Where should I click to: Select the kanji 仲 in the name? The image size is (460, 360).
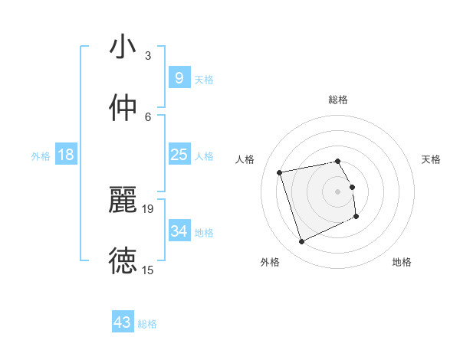tap(123, 108)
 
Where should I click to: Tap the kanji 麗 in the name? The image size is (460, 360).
tap(123, 200)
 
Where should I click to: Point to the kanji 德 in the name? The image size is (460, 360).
tap(123, 260)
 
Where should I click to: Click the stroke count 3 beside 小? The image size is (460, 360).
tap(147, 56)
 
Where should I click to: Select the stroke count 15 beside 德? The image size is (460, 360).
tap(148, 270)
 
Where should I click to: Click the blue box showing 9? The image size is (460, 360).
tap(179, 77)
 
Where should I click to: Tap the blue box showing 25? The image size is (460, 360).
tap(179, 155)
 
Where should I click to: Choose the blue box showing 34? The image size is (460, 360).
tap(179, 231)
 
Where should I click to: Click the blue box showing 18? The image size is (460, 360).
tap(66, 155)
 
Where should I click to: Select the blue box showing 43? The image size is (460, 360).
tap(123, 322)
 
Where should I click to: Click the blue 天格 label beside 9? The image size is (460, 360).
tap(204, 79)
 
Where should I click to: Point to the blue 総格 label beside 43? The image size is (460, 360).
tap(147, 324)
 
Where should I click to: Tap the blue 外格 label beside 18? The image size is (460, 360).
tap(41, 156)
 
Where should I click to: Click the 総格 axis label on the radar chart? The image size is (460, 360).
tap(338, 100)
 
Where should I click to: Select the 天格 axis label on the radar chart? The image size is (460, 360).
tap(431, 159)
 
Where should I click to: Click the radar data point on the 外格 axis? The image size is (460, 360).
tap(301, 242)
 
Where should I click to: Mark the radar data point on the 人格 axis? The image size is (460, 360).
tap(280, 172)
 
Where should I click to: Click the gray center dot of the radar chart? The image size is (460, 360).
tap(338, 191)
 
